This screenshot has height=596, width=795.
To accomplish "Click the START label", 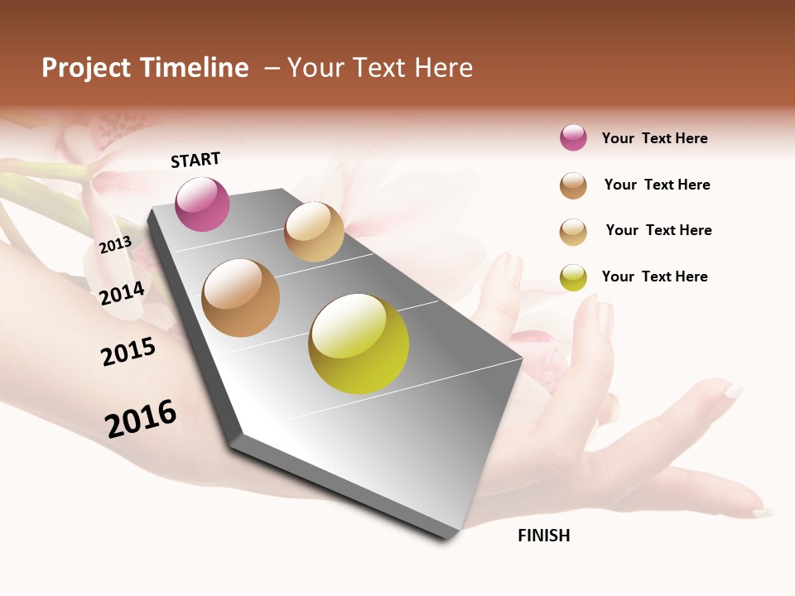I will pyautogui.click(x=195, y=160).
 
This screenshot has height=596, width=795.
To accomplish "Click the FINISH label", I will pyautogui.click(x=543, y=536).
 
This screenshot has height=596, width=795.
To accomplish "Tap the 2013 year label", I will pyautogui.click(x=115, y=244).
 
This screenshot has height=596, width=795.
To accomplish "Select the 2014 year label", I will pyautogui.click(x=122, y=293).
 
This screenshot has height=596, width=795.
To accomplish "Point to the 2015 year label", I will pyautogui.click(x=128, y=352).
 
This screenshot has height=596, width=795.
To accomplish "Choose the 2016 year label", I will pyautogui.click(x=141, y=419).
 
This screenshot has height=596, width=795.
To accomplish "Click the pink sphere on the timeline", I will pyautogui.click(x=203, y=204).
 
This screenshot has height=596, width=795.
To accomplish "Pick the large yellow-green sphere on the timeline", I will pyautogui.click(x=359, y=344).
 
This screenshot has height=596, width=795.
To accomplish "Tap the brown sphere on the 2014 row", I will pyautogui.click(x=241, y=298).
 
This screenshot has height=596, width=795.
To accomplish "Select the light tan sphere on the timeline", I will pyautogui.click(x=314, y=232).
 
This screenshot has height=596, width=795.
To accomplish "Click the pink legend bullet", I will pyautogui.click(x=573, y=138).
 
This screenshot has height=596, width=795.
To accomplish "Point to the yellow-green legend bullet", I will pyautogui.click(x=573, y=277).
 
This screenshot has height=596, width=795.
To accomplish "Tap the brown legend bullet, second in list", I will pyautogui.click(x=573, y=185).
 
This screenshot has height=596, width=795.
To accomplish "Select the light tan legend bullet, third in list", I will pyautogui.click(x=573, y=232).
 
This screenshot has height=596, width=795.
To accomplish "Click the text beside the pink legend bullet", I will pyautogui.click(x=654, y=138).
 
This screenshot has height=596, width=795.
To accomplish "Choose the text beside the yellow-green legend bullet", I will pyautogui.click(x=654, y=276).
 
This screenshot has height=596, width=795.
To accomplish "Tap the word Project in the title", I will pyautogui.click(x=86, y=68).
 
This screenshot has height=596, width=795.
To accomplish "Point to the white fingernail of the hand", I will pyautogui.click(x=734, y=390).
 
